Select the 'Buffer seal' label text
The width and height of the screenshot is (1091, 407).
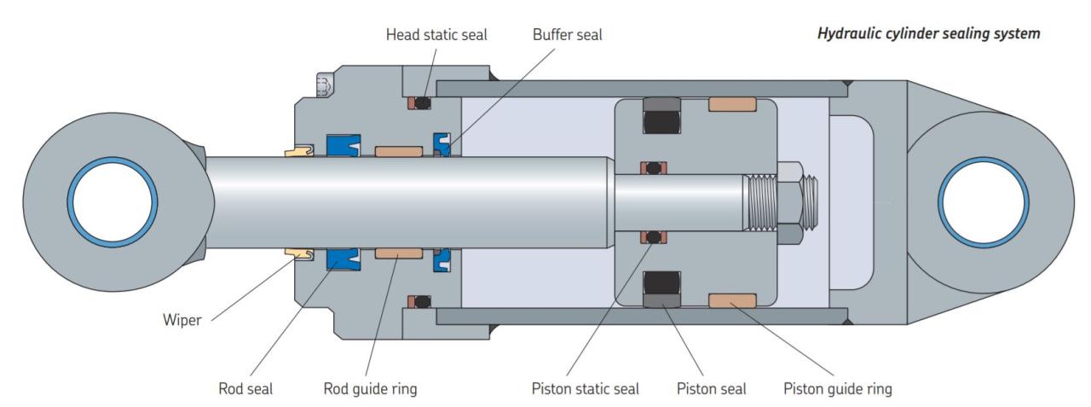click(568, 36)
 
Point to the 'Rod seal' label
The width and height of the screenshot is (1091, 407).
click(245, 389)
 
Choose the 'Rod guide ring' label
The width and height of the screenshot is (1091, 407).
click(370, 389)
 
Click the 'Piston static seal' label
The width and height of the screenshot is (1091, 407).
click(585, 389)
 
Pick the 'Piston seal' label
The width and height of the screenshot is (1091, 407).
click(711, 389)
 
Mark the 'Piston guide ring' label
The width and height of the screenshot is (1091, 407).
click(837, 389)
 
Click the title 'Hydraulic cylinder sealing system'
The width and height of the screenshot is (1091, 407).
click(928, 34)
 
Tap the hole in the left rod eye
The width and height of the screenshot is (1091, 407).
click(112, 203)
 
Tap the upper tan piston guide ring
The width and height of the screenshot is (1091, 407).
click(732, 105)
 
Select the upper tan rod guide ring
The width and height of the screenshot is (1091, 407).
click(398, 152)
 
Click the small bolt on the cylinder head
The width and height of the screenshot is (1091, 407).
click(322, 84)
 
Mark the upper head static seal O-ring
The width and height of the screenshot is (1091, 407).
click(420, 104)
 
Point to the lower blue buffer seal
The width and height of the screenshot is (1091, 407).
click(442, 259)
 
